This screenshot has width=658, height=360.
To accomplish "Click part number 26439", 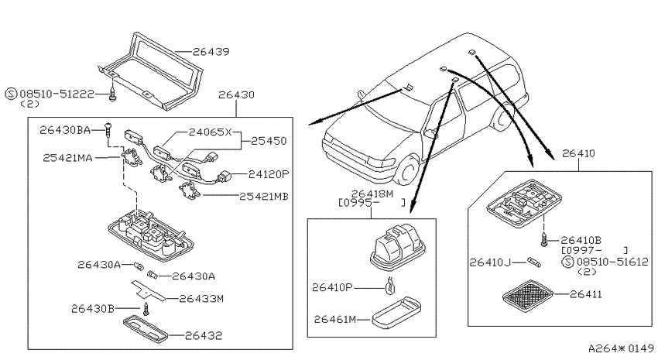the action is click(211, 52).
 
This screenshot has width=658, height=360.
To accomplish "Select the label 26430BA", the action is click(65, 130).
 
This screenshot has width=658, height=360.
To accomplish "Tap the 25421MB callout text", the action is click(264, 197).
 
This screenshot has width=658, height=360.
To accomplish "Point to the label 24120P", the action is click(269, 173).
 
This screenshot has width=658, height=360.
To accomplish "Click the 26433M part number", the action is click(201, 299).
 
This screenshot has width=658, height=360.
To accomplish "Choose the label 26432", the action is click(204, 336).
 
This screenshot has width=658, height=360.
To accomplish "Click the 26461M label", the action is click(335, 319).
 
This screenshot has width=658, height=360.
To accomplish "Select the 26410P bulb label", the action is click(332, 287).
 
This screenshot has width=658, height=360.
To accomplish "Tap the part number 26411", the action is click(585, 294).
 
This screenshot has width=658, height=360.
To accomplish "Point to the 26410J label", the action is click(490, 262).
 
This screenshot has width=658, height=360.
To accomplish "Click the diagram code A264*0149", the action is click(621, 348).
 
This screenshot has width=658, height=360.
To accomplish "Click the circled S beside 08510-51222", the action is click(11, 94).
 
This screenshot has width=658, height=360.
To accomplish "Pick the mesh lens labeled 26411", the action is click(528, 296).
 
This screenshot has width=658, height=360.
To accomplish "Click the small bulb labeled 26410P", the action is click(390, 286).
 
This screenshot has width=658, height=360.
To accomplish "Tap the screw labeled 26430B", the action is click(146, 309).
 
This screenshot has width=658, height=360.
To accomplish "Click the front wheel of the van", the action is click(406, 171).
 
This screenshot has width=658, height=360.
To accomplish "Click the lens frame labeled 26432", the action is click(146, 328).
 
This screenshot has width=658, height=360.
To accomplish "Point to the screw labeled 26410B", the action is click(544, 240).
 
